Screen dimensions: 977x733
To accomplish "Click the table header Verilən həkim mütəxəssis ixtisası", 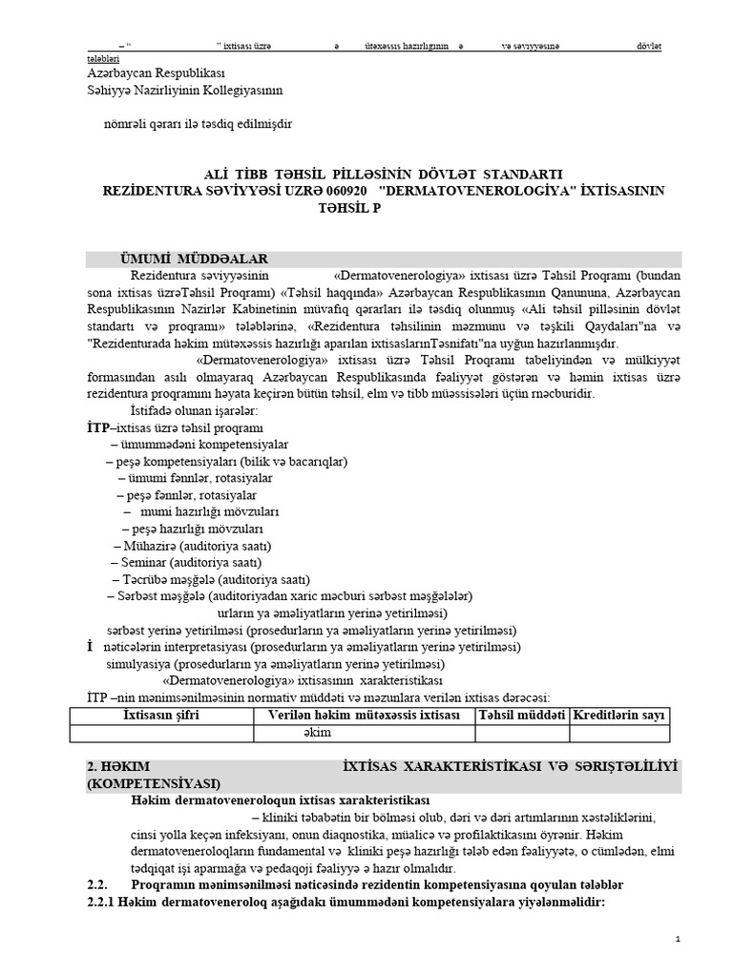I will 364,715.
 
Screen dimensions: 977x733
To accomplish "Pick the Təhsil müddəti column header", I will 522,715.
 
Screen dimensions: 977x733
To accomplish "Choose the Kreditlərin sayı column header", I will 618,715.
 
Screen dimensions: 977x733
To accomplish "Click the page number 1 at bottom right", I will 677,940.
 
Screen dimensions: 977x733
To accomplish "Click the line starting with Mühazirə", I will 191,546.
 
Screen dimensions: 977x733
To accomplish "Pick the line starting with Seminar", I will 178,563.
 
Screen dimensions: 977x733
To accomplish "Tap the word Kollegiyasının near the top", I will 236,91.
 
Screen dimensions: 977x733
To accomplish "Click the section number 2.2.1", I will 100,902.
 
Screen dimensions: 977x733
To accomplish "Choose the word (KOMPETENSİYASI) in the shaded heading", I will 154,783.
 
